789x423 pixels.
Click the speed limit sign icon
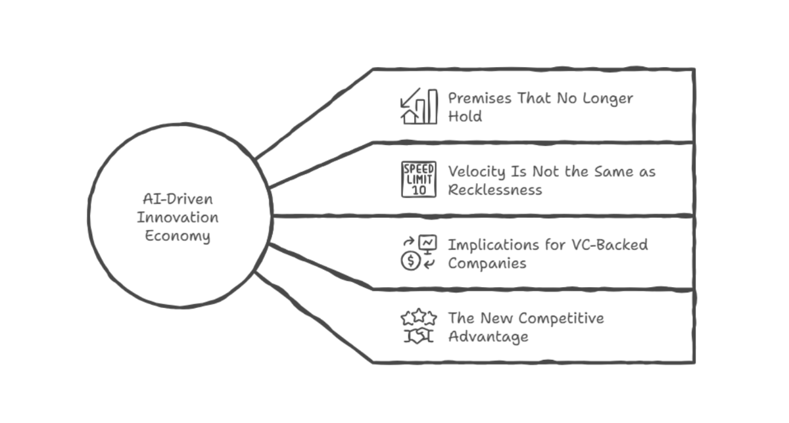click(x=418, y=179)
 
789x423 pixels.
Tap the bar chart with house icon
click(x=418, y=106)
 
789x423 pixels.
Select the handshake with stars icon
click(x=418, y=326)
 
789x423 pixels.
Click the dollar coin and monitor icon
click(x=418, y=253)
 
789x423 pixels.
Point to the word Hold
click(x=465, y=117)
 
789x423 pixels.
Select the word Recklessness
click(x=495, y=190)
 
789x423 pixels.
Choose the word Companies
click(x=487, y=263)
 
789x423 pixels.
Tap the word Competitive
click(x=561, y=319)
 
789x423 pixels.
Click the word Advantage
click(x=488, y=337)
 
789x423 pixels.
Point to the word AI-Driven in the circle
click(x=178, y=199)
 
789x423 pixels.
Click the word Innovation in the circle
click(x=178, y=217)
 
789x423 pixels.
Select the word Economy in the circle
click(x=178, y=236)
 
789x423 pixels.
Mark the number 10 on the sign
click(x=418, y=189)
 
